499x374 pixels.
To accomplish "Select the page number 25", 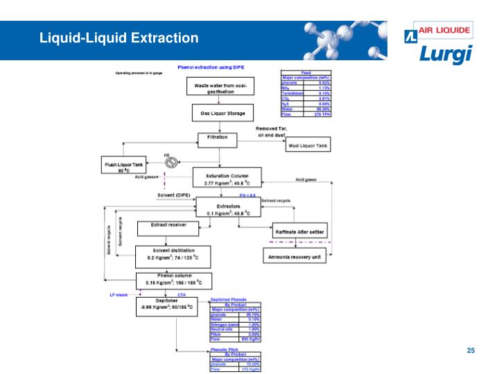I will click(471, 350).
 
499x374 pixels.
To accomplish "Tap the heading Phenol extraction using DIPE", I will click(208, 68).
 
